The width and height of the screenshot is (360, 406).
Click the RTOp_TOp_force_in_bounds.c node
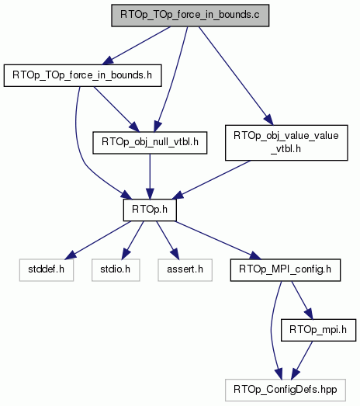[x=190, y=16]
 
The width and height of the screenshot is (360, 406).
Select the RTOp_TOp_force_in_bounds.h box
[x=82, y=75]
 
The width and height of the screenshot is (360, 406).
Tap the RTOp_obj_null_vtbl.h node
[x=150, y=143]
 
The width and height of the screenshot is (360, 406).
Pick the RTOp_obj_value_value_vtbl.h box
[x=286, y=143]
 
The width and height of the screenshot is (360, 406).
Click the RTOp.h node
[x=150, y=210]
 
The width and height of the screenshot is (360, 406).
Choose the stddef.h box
[x=47, y=270]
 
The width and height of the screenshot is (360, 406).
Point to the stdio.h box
[x=116, y=270]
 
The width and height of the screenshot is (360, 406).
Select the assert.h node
[x=185, y=270]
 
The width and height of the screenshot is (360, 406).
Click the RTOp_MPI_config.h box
[x=286, y=270]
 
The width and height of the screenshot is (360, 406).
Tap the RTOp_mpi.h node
[x=318, y=330]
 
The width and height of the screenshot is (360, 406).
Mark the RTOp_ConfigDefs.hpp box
[x=286, y=390]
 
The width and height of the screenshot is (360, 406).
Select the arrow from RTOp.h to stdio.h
[x=132, y=240]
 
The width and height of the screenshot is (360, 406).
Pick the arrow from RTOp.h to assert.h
[x=168, y=240]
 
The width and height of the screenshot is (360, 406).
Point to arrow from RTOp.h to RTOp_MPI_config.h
[x=219, y=240]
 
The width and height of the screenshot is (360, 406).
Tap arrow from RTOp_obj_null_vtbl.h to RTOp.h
[x=150, y=176]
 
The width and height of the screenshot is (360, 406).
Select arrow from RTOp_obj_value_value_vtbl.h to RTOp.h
[x=211, y=179]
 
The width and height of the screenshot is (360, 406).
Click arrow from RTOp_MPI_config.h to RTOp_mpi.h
[x=303, y=300]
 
